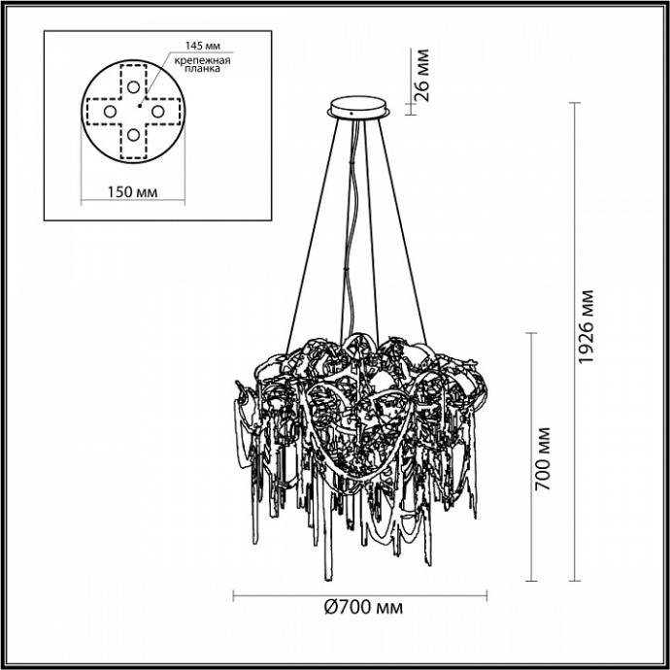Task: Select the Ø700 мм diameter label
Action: [x=361, y=608]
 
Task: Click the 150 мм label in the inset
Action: [x=131, y=190]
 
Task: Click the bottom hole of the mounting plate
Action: [x=133, y=135]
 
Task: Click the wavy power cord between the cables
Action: [x=357, y=223]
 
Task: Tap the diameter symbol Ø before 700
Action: [x=326, y=608]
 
